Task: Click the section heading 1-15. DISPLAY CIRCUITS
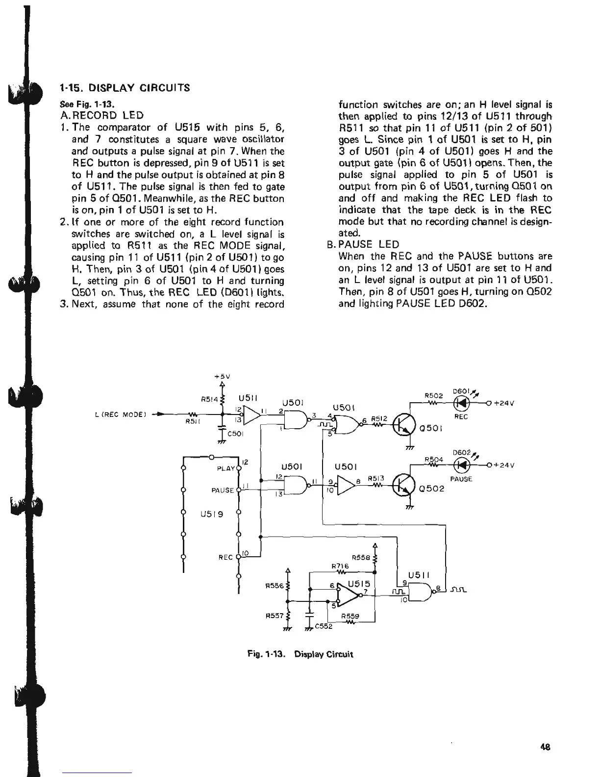[x=124, y=88]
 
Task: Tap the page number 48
[x=545, y=748]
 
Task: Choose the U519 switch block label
[x=212, y=515]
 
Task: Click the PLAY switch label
[x=225, y=468]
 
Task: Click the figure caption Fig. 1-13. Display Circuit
[x=300, y=654]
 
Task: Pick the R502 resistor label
[x=434, y=395]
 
